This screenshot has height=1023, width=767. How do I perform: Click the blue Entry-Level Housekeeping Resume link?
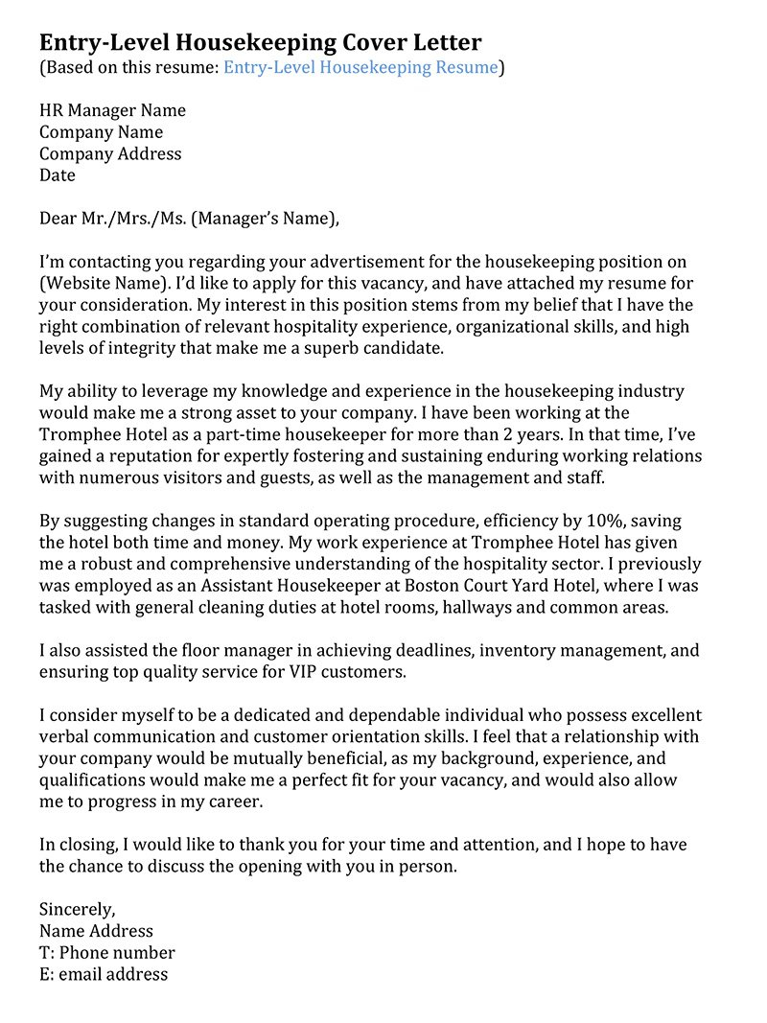(x=360, y=67)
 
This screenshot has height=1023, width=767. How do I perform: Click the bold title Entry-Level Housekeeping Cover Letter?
(x=260, y=42)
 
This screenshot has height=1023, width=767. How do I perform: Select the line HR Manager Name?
(x=112, y=110)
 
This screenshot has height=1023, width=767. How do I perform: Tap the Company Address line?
(x=110, y=153)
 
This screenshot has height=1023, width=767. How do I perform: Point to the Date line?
(x=58, y=175)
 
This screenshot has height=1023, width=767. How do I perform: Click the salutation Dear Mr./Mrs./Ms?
(x=113, y=219)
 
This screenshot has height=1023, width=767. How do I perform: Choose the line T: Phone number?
(x=107, y=953)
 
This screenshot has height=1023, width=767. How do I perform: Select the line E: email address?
(x=104, y=974)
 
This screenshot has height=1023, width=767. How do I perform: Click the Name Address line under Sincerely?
(x=96, y=931)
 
